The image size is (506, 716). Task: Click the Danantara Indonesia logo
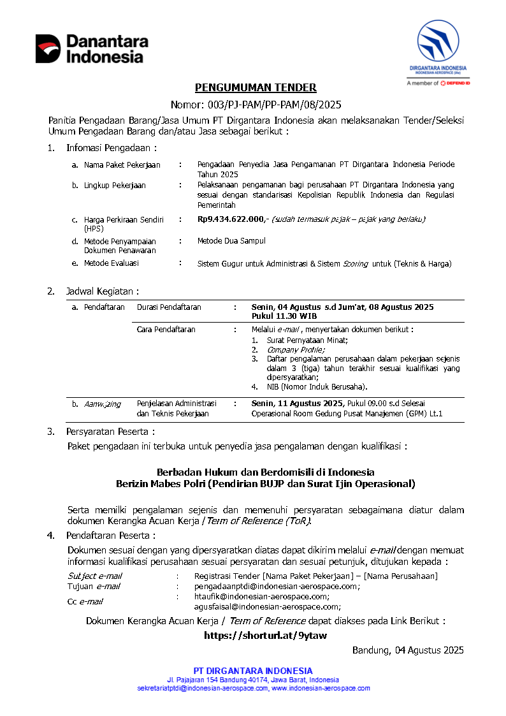coord(92,48)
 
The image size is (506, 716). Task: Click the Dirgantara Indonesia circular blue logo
coord(438,41)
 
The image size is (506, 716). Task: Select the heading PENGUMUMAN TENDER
coord(255,88)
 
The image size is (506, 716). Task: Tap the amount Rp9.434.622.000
coord(231,219)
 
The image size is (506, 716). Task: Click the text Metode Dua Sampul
coord(231,241)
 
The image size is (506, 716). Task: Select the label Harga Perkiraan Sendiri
coord(124,219)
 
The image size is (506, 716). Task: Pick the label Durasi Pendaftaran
coord(169,307)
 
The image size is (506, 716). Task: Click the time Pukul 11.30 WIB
coord(284,316)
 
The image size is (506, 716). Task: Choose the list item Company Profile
coord(296,349)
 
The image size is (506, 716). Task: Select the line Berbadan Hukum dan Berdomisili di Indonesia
coord(265,472)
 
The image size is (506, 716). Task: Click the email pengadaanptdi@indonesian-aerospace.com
coord(277,586)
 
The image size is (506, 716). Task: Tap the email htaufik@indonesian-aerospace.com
coord(262,597)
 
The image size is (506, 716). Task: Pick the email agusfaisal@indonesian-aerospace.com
coord(267,607)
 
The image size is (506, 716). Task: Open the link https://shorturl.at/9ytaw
coord(265,635)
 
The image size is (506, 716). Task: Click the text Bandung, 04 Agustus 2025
coord(408,650)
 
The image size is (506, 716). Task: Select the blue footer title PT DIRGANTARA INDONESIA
coord(254,671)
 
